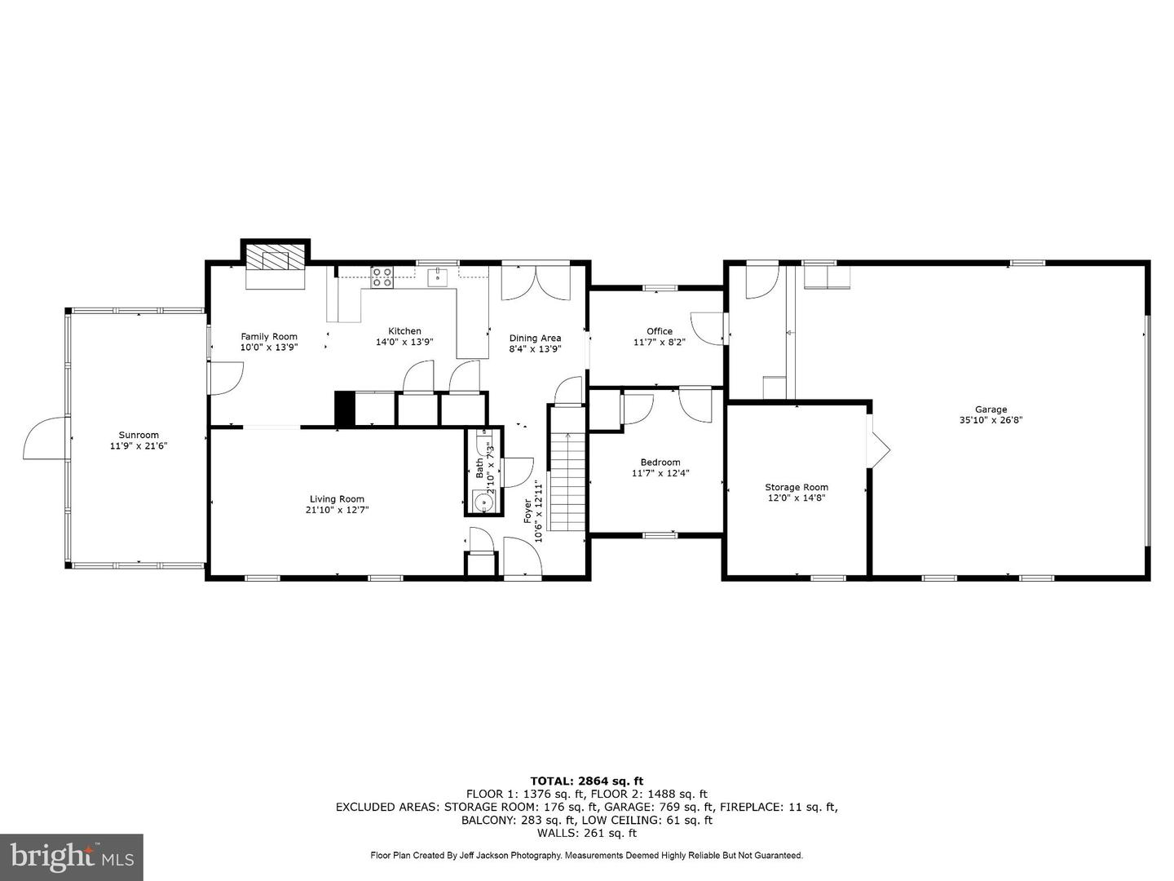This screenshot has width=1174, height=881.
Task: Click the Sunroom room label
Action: (x=139, y=435)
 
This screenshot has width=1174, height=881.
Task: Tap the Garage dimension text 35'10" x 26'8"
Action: (x=991, y=421)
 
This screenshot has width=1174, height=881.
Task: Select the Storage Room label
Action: (x=796, y=487)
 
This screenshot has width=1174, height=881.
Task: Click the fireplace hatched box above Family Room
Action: (x=276, y=259)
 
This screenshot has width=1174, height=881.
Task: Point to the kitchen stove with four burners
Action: (x=382, y=277)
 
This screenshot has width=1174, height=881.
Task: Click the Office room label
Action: (x=660, y=331)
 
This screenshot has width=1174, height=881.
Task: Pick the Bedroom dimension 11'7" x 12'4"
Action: (x=660, y=473)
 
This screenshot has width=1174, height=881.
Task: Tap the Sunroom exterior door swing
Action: (x=45, y=439)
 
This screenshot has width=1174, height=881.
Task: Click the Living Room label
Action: (x=337, y=499)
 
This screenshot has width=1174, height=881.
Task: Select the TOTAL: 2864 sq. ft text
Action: (x=586, y=781)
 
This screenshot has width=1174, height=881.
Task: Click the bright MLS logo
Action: (x=72, y=857)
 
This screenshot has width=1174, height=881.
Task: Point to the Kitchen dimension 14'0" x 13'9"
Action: (x=404, y=342)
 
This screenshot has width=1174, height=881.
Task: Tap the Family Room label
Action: (x=269, y=336)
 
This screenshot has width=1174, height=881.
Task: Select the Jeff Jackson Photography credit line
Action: (x=586, y=856)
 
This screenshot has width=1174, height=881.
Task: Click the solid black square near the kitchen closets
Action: (x=345, y=409)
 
